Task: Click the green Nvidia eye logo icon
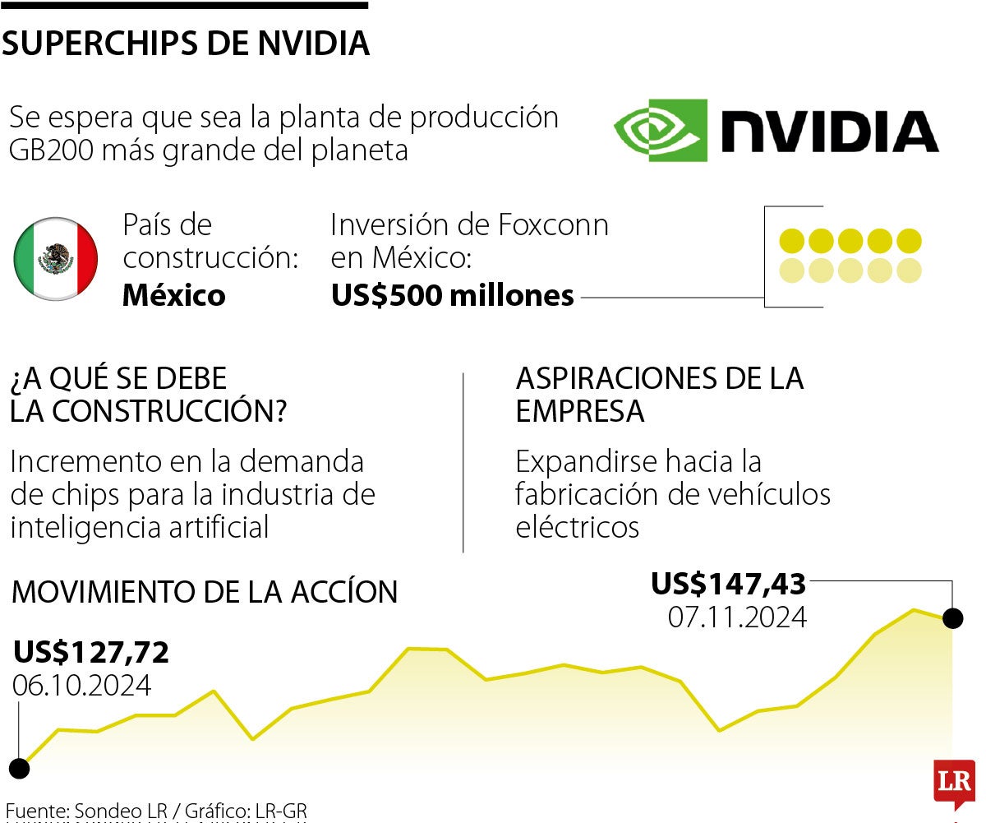tap(660, 131)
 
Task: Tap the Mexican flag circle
tap(56, 259)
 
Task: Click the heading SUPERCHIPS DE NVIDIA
tap(186, 44)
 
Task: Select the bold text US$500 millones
tap(452, 295)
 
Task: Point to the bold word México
tap(174, 295)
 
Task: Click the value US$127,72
tap(91, 652)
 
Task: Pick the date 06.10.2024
tap(81, 685)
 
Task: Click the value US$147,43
tap(729, 584)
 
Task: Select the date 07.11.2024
tap(737, 617)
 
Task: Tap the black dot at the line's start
tap(19, 769)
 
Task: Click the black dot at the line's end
tap(953, 618)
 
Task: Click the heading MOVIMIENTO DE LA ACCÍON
tap(205, 592)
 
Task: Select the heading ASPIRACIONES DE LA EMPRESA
tap(659, 395)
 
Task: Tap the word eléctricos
tap(578, 527)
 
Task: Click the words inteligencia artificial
tap(140, 527)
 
